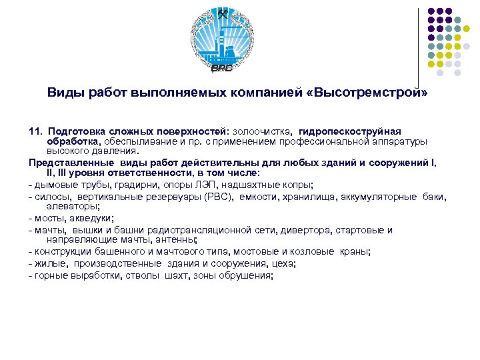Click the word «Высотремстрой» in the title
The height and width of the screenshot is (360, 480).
(x=370, y=93)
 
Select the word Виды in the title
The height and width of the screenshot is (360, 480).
(x=63, y=93)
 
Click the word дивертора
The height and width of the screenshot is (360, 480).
(x=301, y=230)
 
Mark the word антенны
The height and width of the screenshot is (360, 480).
(x=175, y=239)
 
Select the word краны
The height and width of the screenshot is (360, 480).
(x=353, y=251)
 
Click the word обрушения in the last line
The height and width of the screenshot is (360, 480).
(x=249, y=275)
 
